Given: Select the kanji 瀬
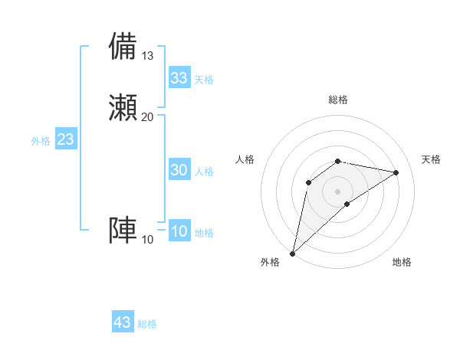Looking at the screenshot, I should pyautogui.click(x=123, y=107).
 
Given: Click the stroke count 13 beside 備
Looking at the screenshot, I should pyautogui.click(x=148, y=56).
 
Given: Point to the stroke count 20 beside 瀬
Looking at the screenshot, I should pyautogui.click(x=148, y=116).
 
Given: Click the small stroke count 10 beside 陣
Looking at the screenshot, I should pyautogui.click(x=148, y=240).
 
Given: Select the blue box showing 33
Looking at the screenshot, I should pyautogui.click(x=179, y=78).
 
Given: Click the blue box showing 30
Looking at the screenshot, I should pyautogui.click(x=179, y=171).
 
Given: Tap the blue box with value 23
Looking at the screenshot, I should pyautogui.click(x=65, y=140).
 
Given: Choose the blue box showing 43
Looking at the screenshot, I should pyautogui.click(x=123, y=322).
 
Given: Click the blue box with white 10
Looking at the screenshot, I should pyautogui.click(x=179, y=232).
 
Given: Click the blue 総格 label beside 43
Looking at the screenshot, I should pyautogui.click(x=147, y=324).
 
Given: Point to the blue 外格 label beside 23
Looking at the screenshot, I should pyautogui.click(x=41, y=141).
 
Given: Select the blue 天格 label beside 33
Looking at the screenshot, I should pyautogui.click(x=204, y=80).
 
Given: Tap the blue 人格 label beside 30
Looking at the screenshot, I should pyautogui.click(x=204, y=172).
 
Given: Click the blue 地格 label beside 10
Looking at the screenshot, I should pyautogui.click(x=204, y=233).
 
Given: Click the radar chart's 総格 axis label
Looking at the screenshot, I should pyautogui.click(x=337, y=100).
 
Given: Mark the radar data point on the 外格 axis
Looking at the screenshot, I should pyautogui.click(x=292, y=253).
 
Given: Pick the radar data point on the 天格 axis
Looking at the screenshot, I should pyautogui.click(x=396, y=172).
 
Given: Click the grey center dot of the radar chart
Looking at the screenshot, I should pyautogui.click(x=337, y=191).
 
